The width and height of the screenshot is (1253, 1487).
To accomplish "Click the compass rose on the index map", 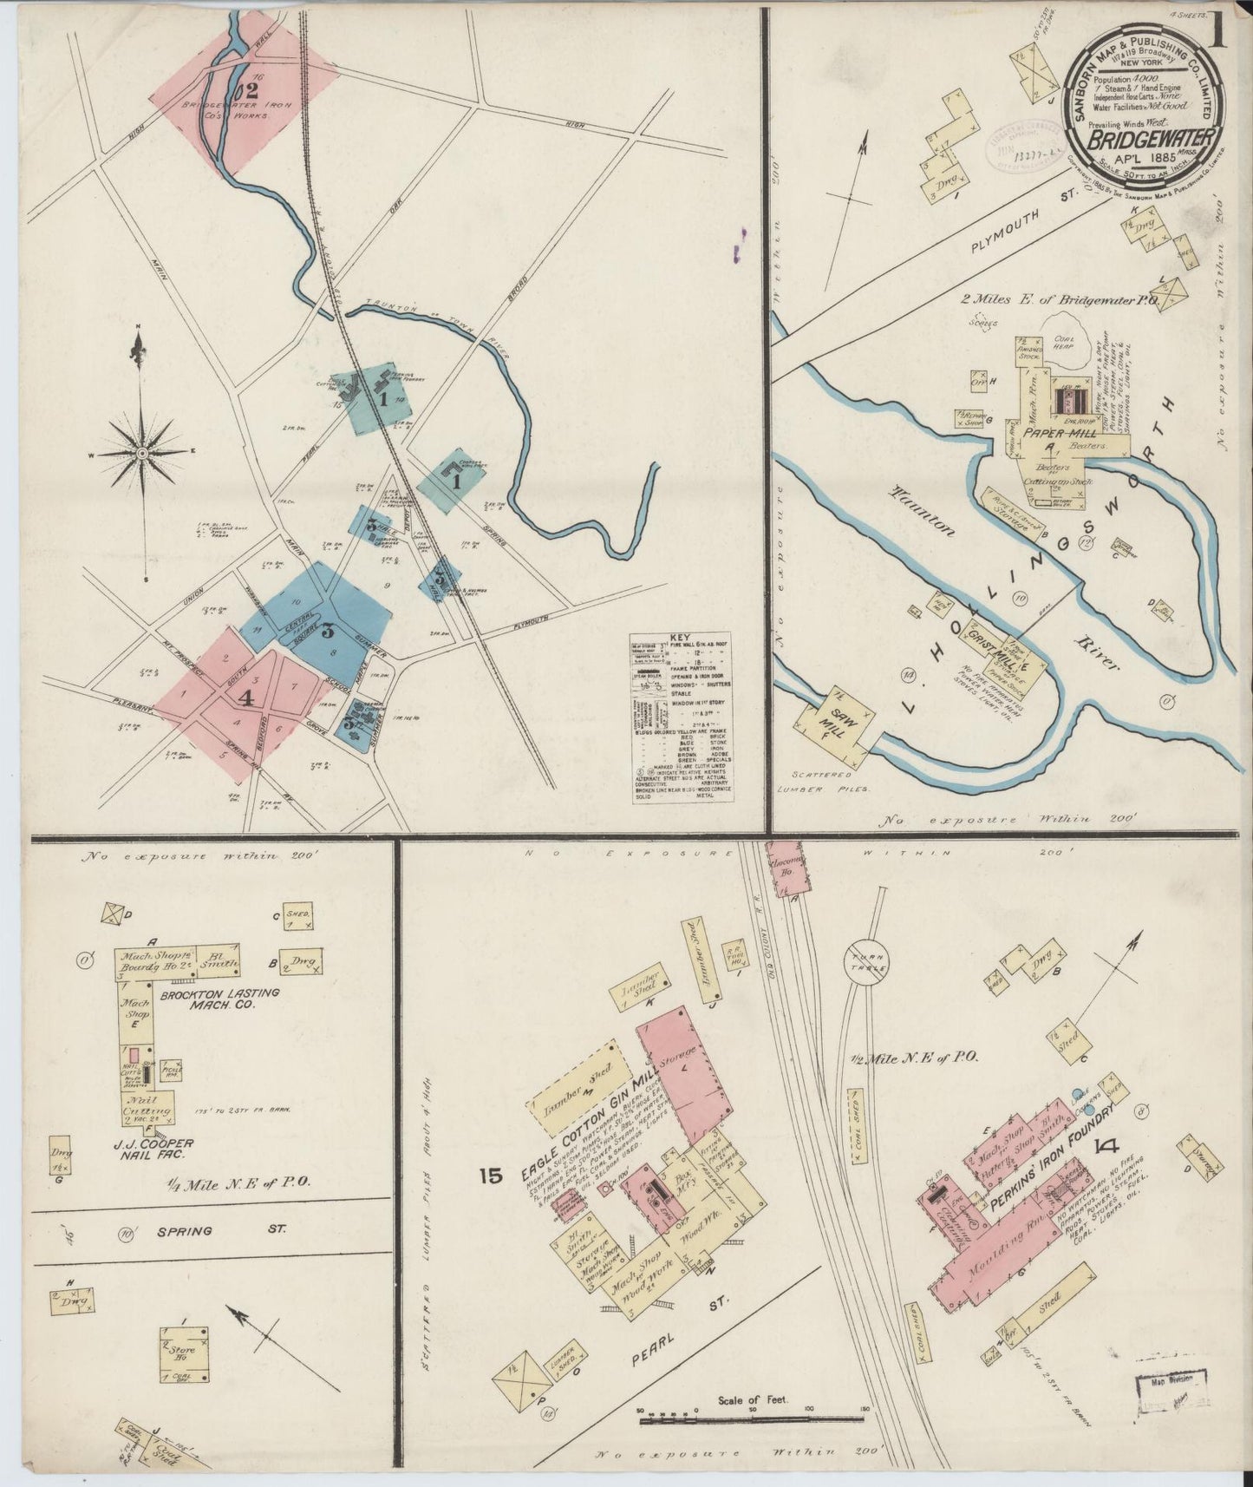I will [142, 452].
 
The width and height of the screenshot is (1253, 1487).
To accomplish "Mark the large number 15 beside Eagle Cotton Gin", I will [490, 1176].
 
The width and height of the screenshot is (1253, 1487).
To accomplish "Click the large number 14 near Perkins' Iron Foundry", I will [1106, 1145].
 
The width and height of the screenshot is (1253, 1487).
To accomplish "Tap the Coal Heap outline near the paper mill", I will [1074, 354].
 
